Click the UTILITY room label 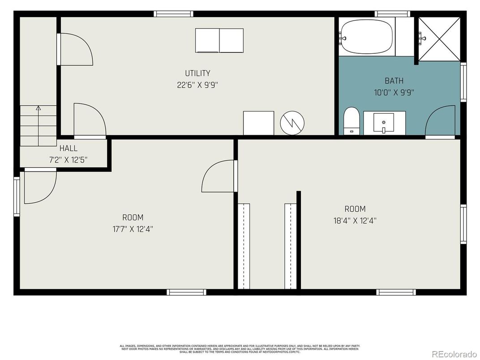[x=197, y=73]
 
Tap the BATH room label [x=394, y=81]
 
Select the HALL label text [x=69, y=148]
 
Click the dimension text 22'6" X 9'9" [x=197, y=85]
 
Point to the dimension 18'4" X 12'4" [x=355, y=220]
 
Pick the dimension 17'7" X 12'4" [x=133, y=229]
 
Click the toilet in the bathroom [x=351, y=120]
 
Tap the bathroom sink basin [x=384, y=122]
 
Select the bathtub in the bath [x=366, y=37]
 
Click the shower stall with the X [x=439, y=38]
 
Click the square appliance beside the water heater [x=258, y=123]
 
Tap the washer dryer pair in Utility [x=219, y=40]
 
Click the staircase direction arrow [x=38, y=108]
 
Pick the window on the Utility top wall [x=173, y=14]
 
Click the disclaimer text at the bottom [x=240, y=349]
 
